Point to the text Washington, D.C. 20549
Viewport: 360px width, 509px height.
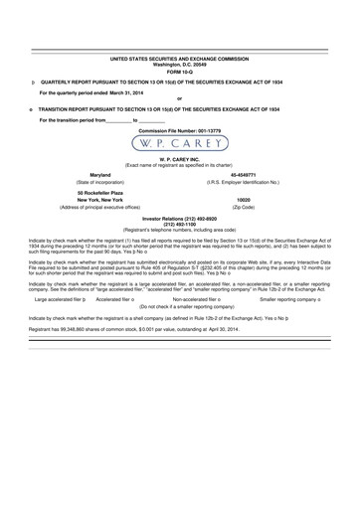tap(179, 66)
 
